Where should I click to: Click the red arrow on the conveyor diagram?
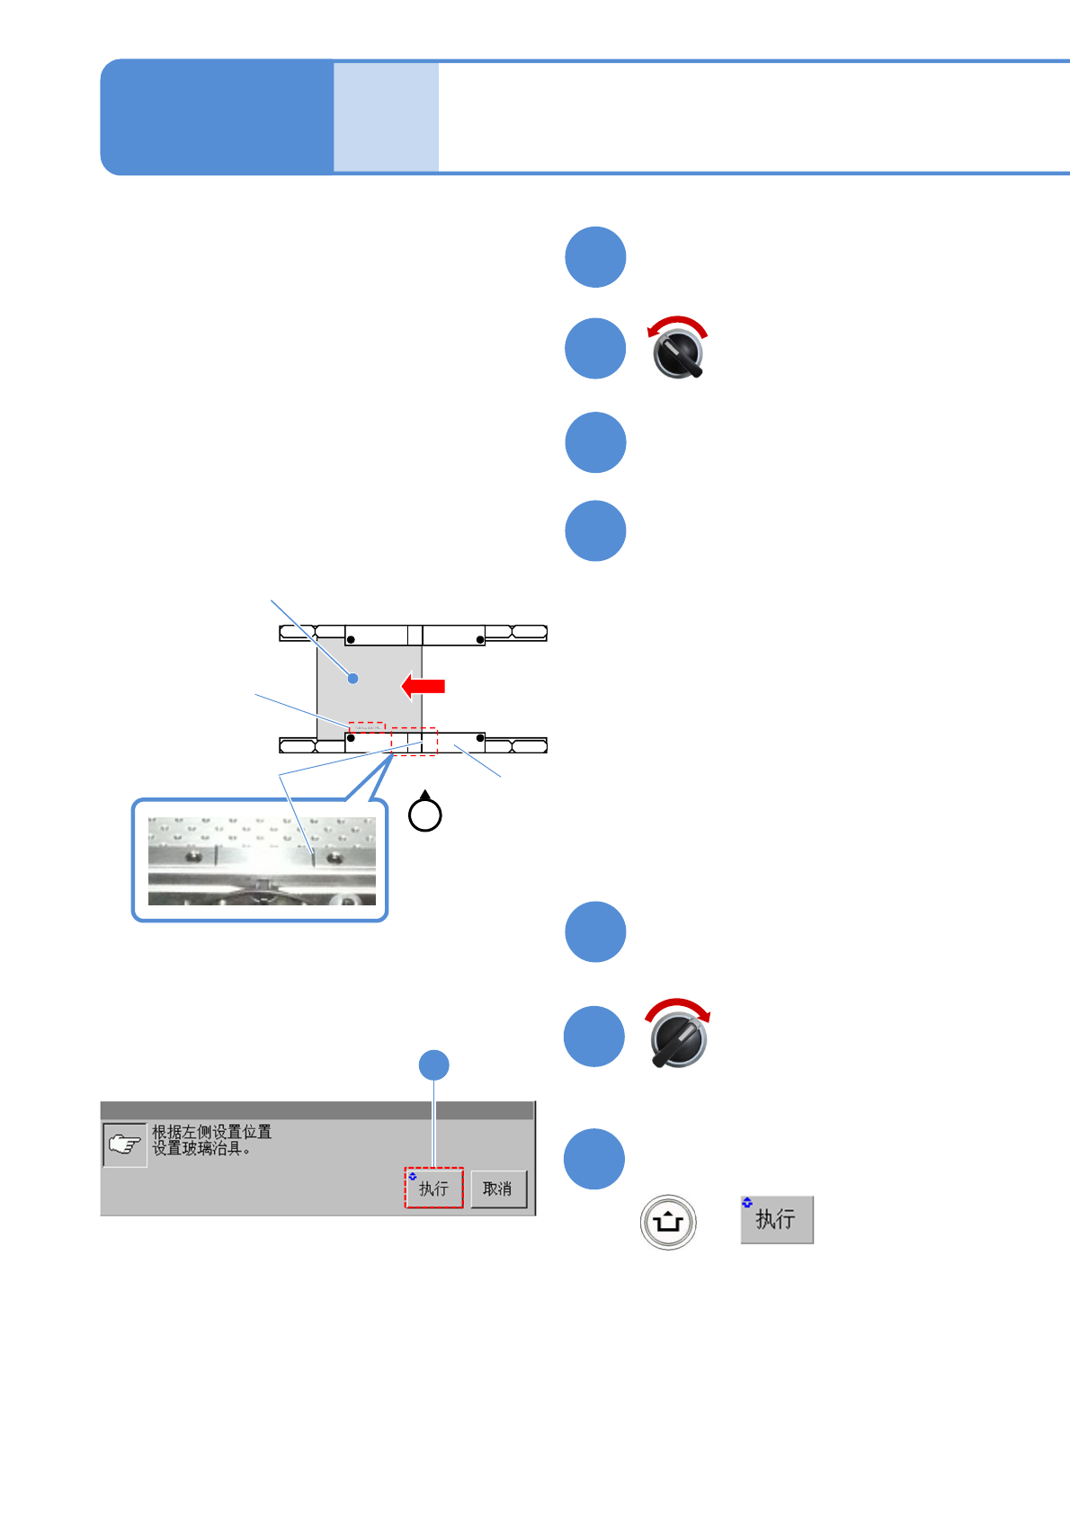point(423,686)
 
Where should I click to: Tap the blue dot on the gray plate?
point(353,678)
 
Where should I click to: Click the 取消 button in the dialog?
point(498,1189)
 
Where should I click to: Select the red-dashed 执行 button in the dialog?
point(433,1189)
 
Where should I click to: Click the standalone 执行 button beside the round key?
point(776,1219)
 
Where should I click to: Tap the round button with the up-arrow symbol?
point(668,1222)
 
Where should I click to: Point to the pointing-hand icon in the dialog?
point(124,1144)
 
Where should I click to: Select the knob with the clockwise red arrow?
point(679,1036)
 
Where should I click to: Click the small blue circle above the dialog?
point(434,1065)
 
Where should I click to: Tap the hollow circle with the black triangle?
point(425,814)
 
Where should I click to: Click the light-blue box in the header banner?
point(386,117)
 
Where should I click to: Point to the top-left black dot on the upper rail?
point(352,639)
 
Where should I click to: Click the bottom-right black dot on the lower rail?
point(480,738)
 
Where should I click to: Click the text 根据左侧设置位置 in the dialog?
point(211,1132)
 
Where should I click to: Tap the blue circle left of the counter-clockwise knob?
point(595,349)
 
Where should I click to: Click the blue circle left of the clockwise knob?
point(594,1036)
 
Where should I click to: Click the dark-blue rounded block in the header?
point(217,117)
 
